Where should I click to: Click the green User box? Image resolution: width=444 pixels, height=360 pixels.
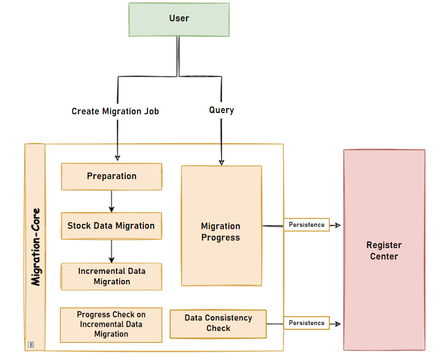point(179,19)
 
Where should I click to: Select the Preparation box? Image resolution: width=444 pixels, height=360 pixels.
point(111,176)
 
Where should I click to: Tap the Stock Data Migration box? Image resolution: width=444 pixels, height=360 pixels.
point(111,226)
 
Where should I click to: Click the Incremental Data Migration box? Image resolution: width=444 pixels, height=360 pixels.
point(111,277)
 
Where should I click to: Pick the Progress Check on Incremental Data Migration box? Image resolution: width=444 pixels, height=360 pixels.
point(111,324)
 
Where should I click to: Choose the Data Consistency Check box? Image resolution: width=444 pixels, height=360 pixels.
point(218,323)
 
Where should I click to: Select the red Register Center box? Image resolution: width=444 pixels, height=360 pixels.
point(384,250)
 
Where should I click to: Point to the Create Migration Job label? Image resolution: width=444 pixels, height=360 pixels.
point(115,111)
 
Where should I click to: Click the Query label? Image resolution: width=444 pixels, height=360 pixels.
point(222,110)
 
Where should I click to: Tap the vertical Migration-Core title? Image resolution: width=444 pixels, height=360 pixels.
point(36,247)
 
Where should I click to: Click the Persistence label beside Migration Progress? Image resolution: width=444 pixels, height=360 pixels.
point(306,224)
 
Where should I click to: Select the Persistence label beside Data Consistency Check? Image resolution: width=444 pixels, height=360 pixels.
point(306,323)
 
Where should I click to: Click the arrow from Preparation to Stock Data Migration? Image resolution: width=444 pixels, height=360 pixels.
point(111,201)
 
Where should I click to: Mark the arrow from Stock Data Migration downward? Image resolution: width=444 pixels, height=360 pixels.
point(111,251)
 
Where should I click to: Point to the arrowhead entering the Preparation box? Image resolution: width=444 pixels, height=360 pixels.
point(117,159)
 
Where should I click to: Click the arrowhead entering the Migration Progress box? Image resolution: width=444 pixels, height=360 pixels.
point(221,162)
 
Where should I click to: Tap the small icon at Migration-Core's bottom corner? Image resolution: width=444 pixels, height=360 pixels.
point(31,345)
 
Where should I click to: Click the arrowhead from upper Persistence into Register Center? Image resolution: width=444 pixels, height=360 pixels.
point(339,225)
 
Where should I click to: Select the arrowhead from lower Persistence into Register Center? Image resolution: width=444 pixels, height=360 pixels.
point(339,324)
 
